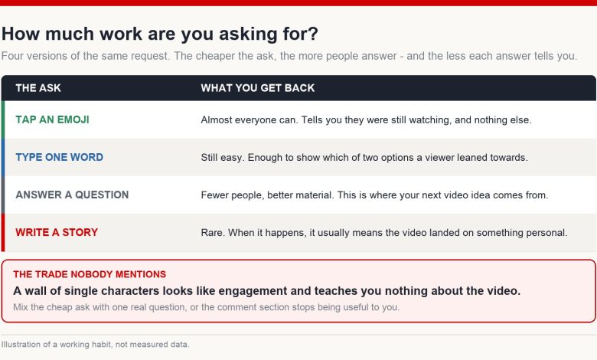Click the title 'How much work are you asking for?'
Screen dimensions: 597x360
pos(160,34)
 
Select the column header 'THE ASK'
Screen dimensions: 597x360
pos(38,88)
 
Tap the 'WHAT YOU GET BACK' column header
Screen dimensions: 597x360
pos(258,88)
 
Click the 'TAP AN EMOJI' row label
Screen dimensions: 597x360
pos(53,119)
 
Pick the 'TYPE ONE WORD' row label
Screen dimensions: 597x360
pos(60,157)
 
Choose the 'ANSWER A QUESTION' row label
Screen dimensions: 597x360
pos(73,195)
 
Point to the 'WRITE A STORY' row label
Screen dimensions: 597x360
pos(57,232)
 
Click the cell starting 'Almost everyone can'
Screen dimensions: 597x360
pos(367,120)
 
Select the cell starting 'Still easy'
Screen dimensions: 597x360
pos(364,157)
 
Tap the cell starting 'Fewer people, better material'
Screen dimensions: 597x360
pos(374,195)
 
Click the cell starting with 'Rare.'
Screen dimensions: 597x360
pos(384,232)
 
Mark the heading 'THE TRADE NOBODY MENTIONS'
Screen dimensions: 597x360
pos(90,274)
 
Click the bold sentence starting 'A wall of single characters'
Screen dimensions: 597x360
pos(267,291)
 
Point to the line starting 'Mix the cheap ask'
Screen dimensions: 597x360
pos(207,307)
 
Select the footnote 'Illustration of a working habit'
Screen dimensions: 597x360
pos(95,345)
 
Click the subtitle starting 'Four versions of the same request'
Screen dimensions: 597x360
pos(289,56)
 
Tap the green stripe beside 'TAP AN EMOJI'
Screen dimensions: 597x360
pos(3,119)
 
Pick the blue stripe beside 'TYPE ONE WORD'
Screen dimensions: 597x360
pos(3,157)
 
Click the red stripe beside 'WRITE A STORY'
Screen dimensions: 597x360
pos(3,232)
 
